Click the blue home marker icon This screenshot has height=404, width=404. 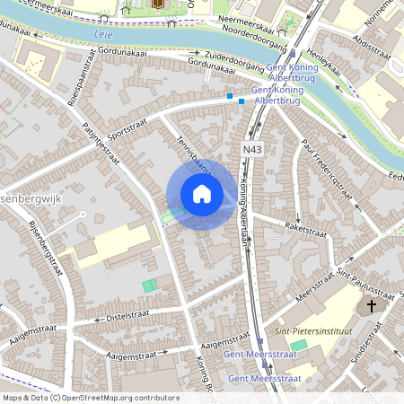[202, 194]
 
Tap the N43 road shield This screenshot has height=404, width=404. [252, 148]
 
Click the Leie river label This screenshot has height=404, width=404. [104, 37]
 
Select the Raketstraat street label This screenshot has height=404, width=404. [305, 230]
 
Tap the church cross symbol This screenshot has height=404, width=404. [372, 307]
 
